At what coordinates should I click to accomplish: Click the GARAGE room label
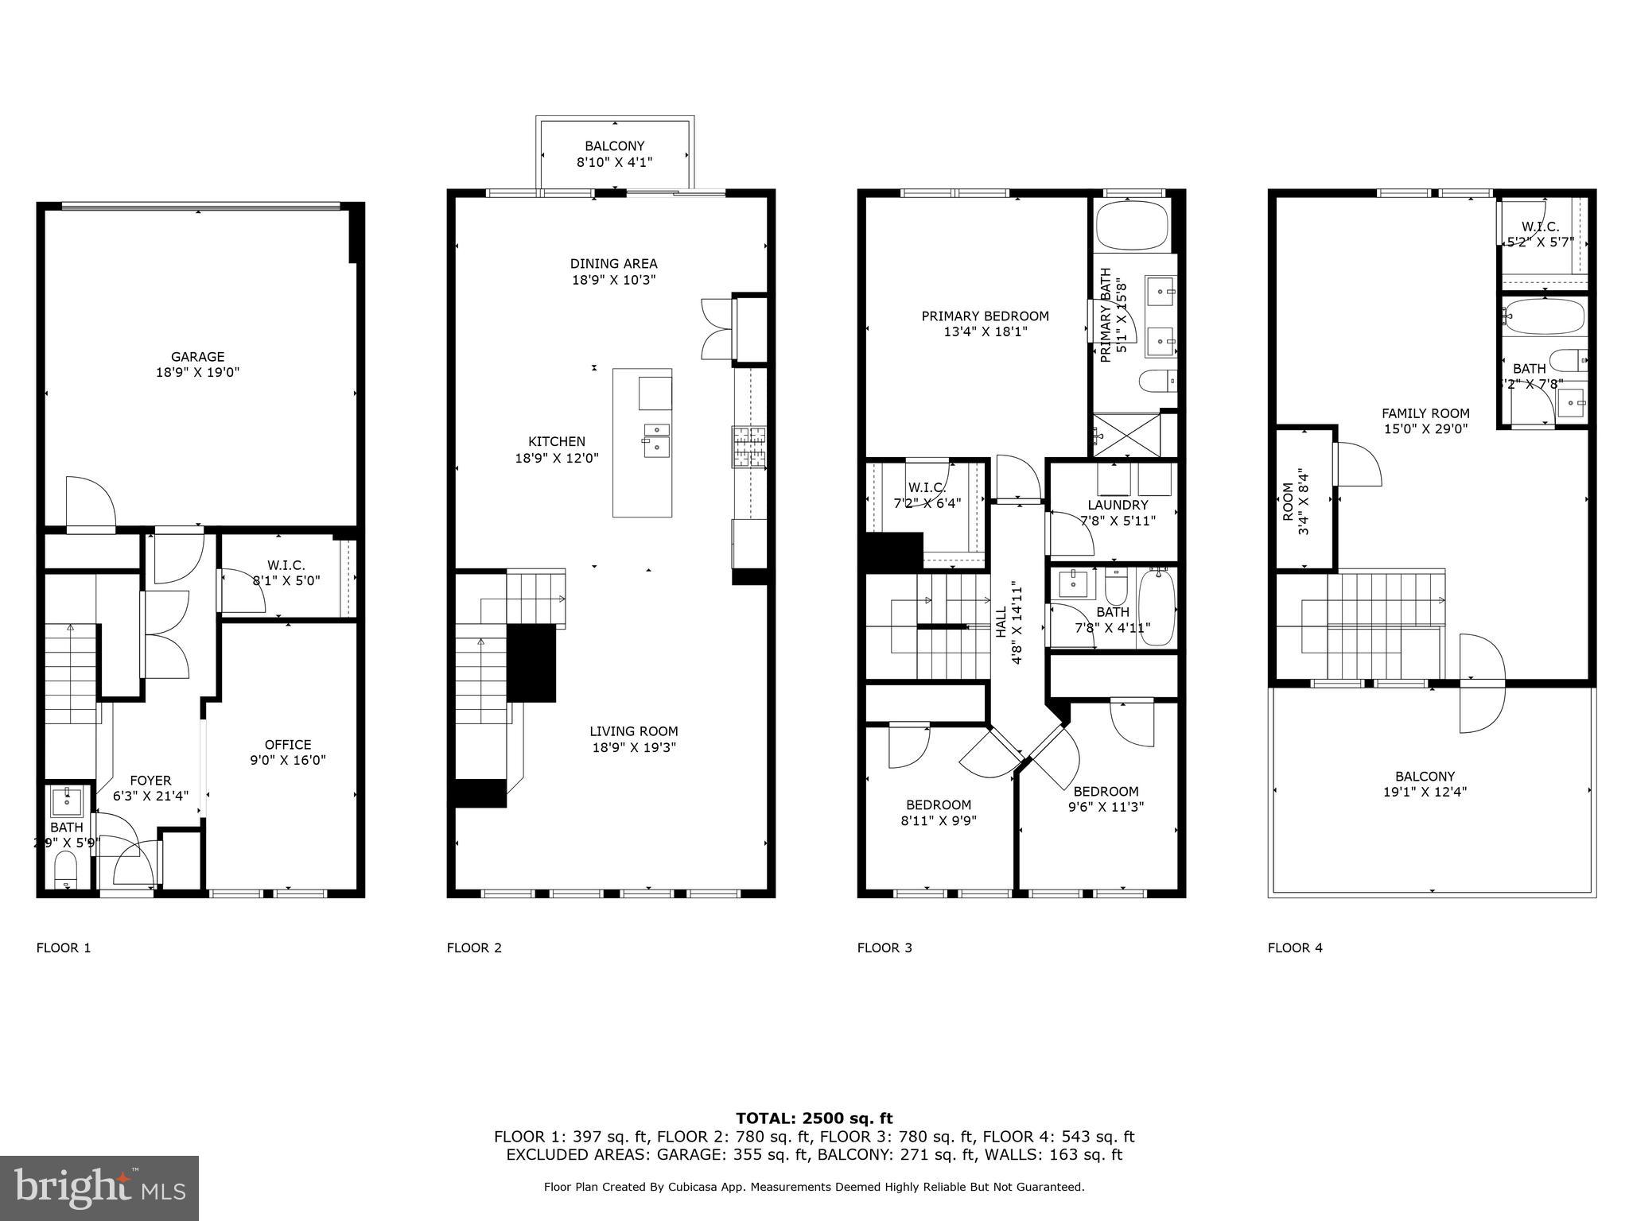click(x=197, y=357)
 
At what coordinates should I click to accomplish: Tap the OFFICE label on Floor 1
click(x=287, y=745)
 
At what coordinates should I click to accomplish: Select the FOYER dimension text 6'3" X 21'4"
click(x=150, y=796)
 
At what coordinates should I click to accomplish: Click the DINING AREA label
click(x=613, y=264)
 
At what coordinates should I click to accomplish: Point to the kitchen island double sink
click(x=657, y=440)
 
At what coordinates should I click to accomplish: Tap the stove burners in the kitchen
click(x=748, y=446)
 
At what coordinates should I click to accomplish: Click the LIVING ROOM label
click(x=633, y=731)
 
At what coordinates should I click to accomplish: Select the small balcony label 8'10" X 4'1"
click(x=614, y=162)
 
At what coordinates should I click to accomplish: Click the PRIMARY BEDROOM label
click(x=985, y=316)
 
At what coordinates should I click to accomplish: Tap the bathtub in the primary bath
click(x=1133, y=226)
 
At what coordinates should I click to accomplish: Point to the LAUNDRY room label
click(x=1118, y=506)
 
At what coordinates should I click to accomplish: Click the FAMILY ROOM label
click(x=1425, y=413)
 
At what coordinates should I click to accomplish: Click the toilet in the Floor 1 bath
click(x=65, y=868)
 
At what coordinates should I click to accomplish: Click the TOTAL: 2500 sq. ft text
click(x=814, y=1118)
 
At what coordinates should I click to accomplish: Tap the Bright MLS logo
click(x=99, y=1188)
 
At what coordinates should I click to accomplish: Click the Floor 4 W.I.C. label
click(x=1540, y=227)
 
